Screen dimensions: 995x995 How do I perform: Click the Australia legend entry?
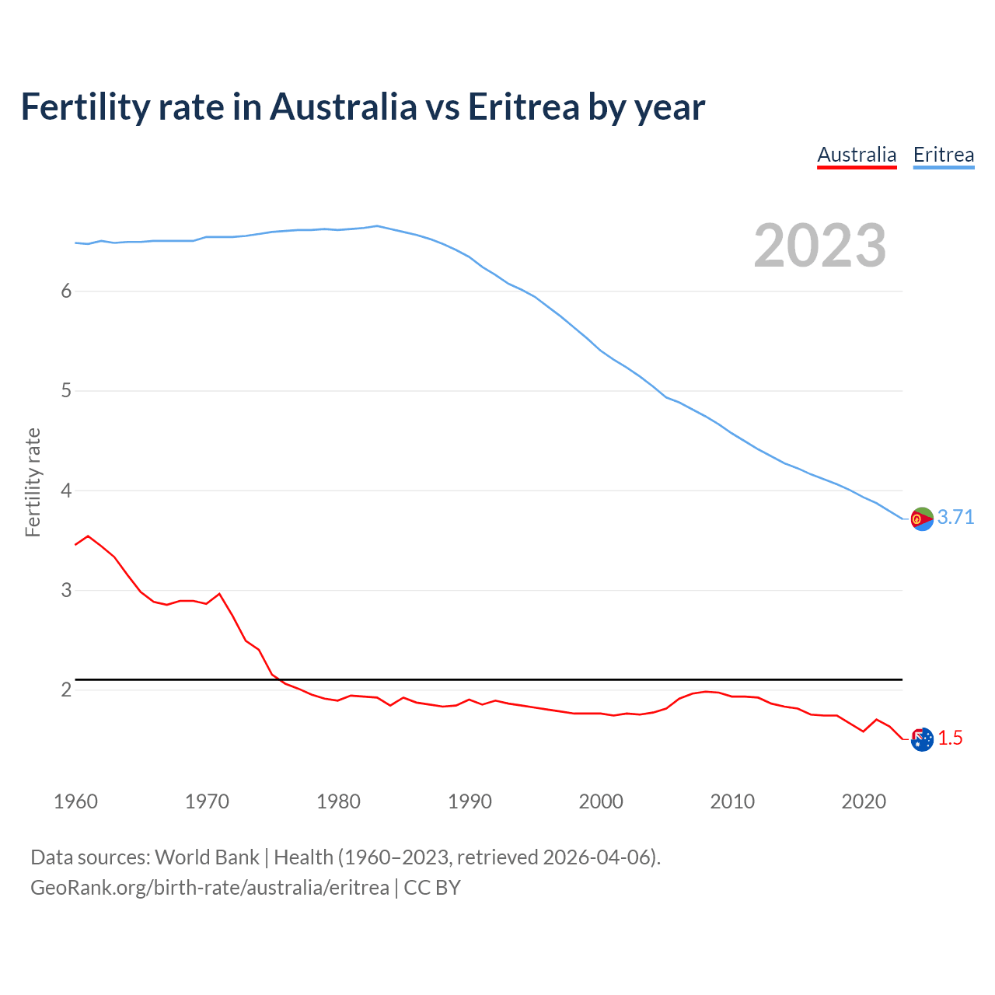point(857,155)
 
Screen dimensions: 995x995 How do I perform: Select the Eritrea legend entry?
point(943,155)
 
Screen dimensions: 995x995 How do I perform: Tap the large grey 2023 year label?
point(819,246)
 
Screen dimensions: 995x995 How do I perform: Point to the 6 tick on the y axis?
point(66,291)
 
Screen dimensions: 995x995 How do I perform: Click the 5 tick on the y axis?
point(66,390)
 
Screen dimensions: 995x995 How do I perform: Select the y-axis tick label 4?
point(66,491)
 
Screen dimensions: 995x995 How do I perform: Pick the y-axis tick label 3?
point(66,590)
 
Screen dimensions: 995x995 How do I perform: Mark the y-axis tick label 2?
point(66,690)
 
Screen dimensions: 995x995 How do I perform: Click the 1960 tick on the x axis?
point(75,801)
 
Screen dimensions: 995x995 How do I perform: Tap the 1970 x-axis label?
point(207,801)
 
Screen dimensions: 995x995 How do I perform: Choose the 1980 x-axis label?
point(338,801)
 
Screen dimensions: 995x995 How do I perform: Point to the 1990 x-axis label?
point(470,801)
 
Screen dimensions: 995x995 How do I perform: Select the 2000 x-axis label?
point(601,801)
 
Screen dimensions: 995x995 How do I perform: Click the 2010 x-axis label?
point(732,801)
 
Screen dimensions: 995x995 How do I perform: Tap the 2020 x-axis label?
point(864,801)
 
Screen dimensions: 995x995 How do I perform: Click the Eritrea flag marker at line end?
point(922,518)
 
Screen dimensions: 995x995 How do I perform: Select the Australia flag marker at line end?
point(922,739)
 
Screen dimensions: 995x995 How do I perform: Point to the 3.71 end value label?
point(955,518)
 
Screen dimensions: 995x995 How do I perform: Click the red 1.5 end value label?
point(950,738)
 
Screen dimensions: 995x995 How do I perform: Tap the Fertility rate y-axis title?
point(33,482)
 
